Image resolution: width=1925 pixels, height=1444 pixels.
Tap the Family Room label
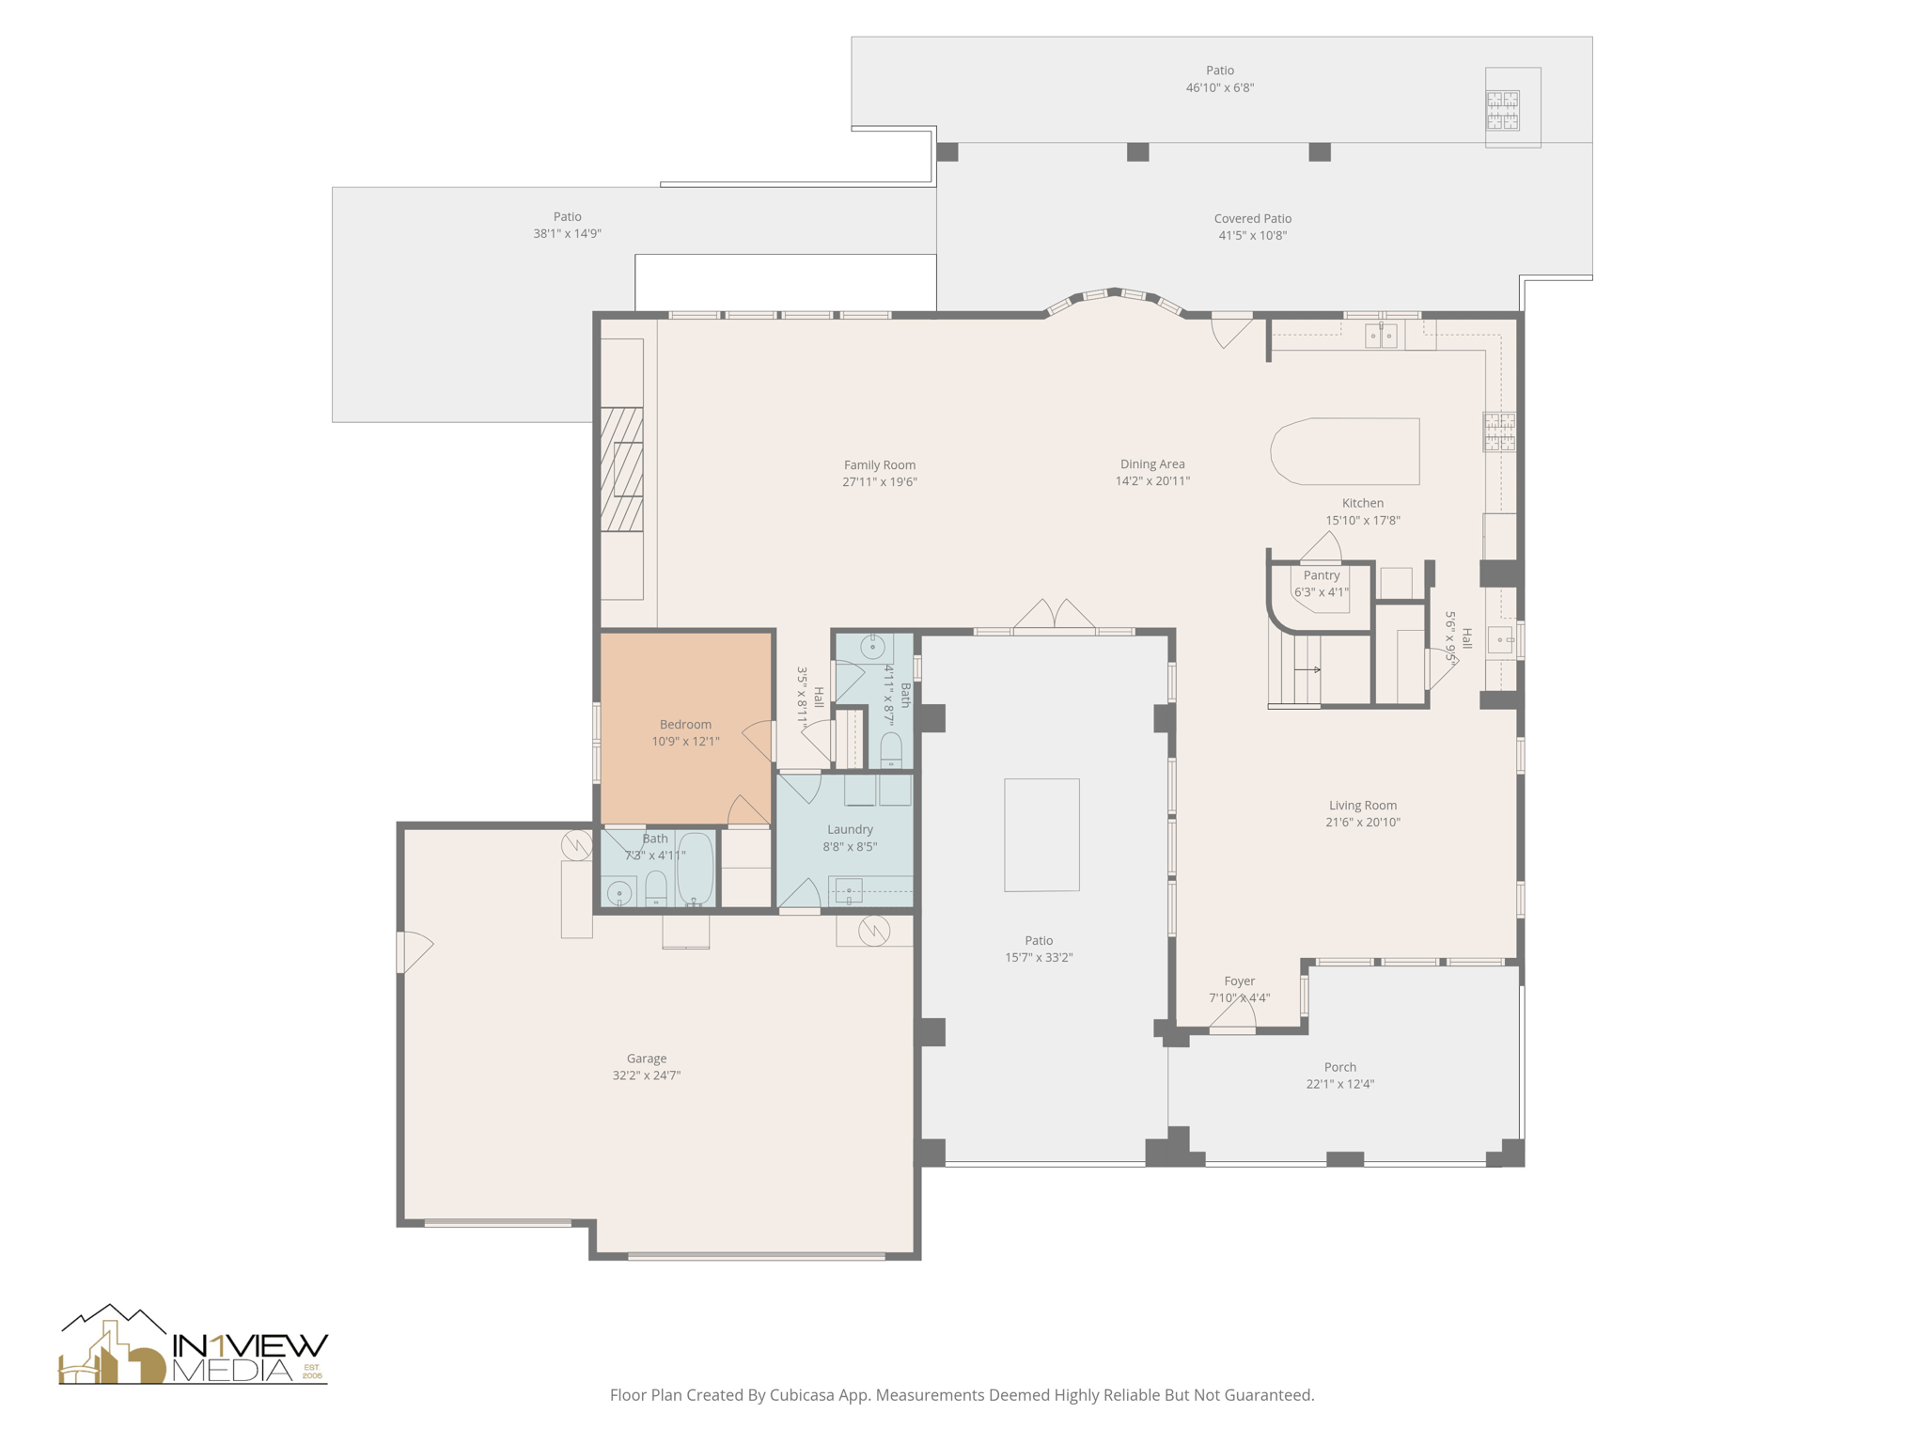(x=879, y=464)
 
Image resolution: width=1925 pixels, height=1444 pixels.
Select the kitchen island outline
(x=1345, y=451)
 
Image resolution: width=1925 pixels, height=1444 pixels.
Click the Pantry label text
(x=1321, y=575)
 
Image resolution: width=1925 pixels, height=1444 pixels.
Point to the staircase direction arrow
(x=1307, y=669)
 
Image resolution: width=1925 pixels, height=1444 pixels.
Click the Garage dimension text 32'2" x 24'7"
(x=646, y=1075)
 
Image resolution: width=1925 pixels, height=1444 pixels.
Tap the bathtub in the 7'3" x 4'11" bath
(x=696, y=869)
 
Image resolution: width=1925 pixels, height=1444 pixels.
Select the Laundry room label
(x=850, y=829)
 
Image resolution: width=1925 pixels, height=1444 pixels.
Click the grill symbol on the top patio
(x=1502, y=110)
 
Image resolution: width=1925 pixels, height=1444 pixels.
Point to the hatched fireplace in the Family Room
(x=621, y=469)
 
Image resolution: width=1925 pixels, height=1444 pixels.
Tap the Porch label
(x=1339, y=1067)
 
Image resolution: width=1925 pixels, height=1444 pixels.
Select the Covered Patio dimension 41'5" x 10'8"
(x=1252, y=236)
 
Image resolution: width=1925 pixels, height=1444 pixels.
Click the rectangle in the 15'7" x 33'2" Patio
(x=1041, y=835)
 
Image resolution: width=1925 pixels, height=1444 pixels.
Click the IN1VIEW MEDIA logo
(x=194, y=1346)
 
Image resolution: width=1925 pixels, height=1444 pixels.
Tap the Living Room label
(x=1362, y=805)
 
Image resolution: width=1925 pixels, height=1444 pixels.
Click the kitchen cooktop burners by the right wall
(x=1499, y=432)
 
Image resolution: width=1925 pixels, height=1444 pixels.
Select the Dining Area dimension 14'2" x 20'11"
(x=1152, y=481)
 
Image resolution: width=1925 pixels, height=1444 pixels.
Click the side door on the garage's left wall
(x=414, y=951)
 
